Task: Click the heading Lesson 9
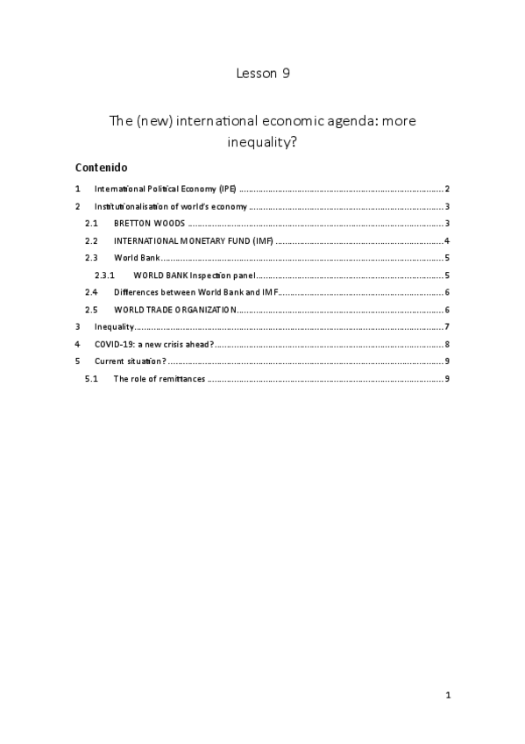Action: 262,74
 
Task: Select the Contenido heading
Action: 102,167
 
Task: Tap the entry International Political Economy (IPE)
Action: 166,190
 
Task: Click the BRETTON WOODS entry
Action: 149,224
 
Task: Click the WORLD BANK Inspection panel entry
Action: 195,275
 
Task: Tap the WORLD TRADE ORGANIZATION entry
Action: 174,309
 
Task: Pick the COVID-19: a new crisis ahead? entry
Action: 154,344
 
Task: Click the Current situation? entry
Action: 131,361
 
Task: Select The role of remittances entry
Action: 160,378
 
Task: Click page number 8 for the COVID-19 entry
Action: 447,344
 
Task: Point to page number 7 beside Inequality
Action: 447,326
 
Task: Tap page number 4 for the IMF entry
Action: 447,240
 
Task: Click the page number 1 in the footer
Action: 447,696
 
